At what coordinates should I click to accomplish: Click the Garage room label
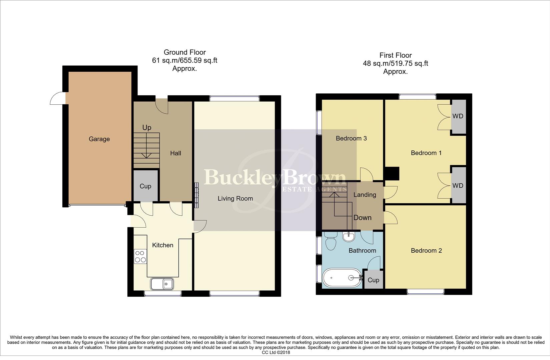point(99,139)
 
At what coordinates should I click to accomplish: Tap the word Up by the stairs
point(147,127)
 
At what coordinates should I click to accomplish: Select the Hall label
point(175,153)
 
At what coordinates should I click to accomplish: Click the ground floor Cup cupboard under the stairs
point(145,186)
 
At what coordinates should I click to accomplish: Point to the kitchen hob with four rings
point(140,256)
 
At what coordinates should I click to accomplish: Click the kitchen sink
point(162,284)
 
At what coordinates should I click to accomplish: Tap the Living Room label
point(235,198)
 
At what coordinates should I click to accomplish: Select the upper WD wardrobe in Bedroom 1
point(458,116)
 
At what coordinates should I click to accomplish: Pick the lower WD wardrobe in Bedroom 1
point(458,185)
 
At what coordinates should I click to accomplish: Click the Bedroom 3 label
point(351,138)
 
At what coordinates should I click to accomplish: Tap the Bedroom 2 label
point(426,250)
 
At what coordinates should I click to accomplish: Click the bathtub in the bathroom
point(342,278)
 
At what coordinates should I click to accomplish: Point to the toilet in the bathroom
point(331,242)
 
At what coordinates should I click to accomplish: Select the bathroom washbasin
point(349,236)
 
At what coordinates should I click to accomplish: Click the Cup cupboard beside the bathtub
point(373,280)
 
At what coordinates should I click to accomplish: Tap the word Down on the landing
point(362,218)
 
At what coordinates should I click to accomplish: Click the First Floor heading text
point(396,55)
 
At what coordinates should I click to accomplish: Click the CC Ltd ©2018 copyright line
point(276,352)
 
